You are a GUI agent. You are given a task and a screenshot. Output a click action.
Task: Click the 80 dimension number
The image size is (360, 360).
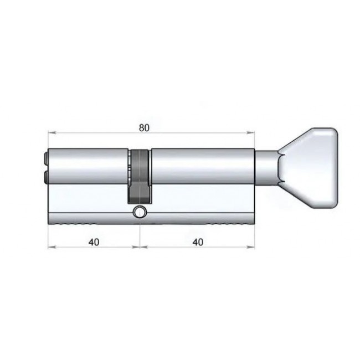(144, 127)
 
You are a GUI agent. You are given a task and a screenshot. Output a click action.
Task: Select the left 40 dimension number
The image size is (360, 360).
(94, 242)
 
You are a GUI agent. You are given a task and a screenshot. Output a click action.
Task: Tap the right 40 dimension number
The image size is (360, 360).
(198, 242)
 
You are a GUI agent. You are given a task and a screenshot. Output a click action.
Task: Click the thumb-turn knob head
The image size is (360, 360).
(309, 168)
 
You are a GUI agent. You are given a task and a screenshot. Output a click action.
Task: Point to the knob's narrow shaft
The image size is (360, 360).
(267, 167)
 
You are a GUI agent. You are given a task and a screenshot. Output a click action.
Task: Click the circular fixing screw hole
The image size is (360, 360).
(140, 212)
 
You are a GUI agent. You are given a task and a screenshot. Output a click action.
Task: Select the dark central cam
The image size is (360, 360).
(140, 176)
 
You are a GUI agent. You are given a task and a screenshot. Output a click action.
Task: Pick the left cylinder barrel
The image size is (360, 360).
(88, 166)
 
